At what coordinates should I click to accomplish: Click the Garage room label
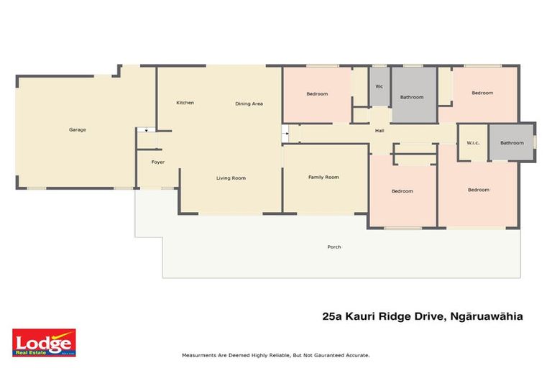click(x=78, y=129)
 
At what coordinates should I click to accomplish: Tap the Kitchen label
click(x=185, y=103)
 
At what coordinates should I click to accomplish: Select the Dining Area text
click(x=249, y=103)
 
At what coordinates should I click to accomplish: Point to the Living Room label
click(x=231, y=178)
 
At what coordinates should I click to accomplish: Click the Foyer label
click(x=158, y=162)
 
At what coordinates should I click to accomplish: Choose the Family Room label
click(x=323, y=177)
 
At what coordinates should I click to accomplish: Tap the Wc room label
click(x=379, y=87)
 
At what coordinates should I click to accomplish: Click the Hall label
click(x=379, y=130)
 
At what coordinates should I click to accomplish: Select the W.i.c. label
click(x=473, y=142)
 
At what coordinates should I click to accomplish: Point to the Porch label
click(x=334, y=247)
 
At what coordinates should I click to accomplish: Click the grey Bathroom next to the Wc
click(x=412, y=97)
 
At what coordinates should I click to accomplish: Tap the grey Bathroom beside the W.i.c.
click(x=512, y=142)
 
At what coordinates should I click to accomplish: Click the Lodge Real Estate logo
click(x=44, y=343)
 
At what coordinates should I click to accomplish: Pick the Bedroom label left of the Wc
click(x=317, y=94)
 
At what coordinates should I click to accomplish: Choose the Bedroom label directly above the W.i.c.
click(x=482, y=93)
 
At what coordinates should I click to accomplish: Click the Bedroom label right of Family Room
click(x=402, y=190)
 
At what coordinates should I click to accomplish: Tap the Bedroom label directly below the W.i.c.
click(x=479, y=190)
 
